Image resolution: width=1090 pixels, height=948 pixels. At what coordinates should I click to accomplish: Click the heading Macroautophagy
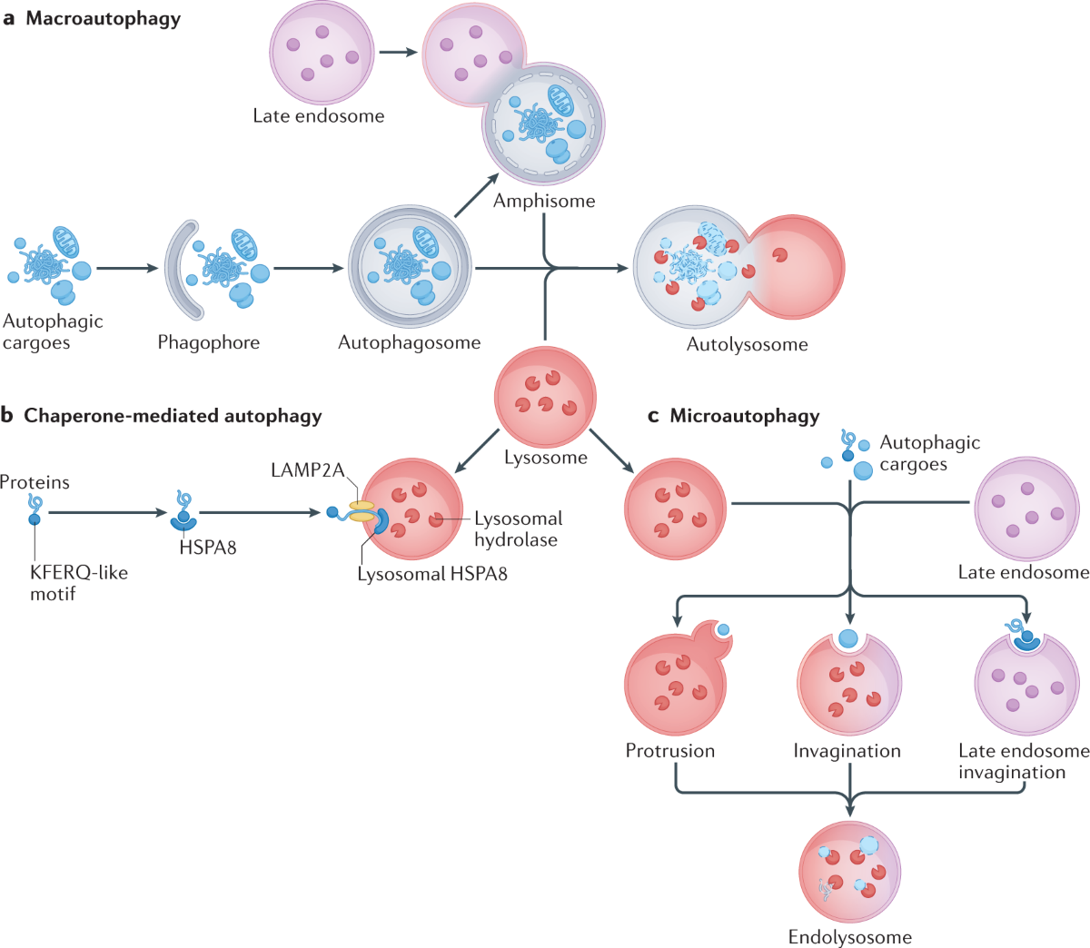click(x=103, y=18)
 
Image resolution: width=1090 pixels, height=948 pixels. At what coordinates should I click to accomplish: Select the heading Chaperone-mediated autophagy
click(x=173, y=416)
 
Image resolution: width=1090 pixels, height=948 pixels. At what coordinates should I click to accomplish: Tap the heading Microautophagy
click(x=744, y=416)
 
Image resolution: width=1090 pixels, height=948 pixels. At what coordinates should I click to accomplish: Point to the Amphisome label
click(x=544, y=201)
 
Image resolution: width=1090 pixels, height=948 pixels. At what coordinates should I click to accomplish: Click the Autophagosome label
click(x=409, y=342)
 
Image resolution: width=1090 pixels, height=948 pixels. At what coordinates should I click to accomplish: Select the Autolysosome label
click(x=747, y=344)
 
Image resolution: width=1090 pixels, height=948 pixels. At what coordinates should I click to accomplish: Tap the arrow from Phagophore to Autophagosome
click(x=308, y=268)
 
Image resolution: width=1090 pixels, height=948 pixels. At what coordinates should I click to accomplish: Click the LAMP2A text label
click(x=307, y=470)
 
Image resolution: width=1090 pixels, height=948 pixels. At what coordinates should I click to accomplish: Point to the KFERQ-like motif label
click(x=78, y=583)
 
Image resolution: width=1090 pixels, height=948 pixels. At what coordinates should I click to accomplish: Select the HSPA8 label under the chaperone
click(x=208, y=548)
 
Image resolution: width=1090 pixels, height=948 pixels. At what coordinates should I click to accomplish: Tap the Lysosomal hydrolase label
click(x=518, y=528)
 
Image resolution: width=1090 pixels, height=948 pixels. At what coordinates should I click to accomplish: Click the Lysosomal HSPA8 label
click(x=432, y=574)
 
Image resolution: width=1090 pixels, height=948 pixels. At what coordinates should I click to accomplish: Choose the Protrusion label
click(x=669, y=751)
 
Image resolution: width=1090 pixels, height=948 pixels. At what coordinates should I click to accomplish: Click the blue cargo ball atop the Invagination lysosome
click(x=848, y=637)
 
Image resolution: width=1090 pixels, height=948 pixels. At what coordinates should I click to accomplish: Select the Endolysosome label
click(x=849, y=937)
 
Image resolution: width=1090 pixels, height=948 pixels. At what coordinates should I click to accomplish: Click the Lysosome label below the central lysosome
click(x=546, y=458)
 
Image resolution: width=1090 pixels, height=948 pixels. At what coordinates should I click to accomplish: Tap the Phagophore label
click(x=208, y=342)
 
